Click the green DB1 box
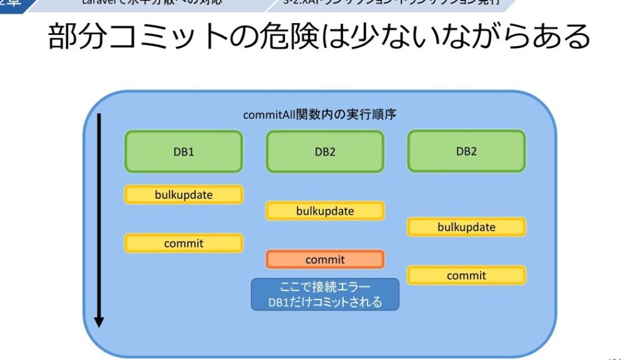point(183,151)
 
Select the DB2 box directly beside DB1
point(324,151)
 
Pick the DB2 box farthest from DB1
point(466,151)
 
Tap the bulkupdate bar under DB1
point(183,195)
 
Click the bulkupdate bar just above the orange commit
point(324,211)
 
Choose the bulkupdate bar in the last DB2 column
point(466,227)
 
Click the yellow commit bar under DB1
point(183,243)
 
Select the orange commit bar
point(324,259)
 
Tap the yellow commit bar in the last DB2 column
point(466,276)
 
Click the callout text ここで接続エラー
point(324,287)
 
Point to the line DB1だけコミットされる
point(324,302)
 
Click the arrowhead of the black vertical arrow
point(99,321)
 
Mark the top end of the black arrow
point(99,116)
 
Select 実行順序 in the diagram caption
point(379,116)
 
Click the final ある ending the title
point(565,37)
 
